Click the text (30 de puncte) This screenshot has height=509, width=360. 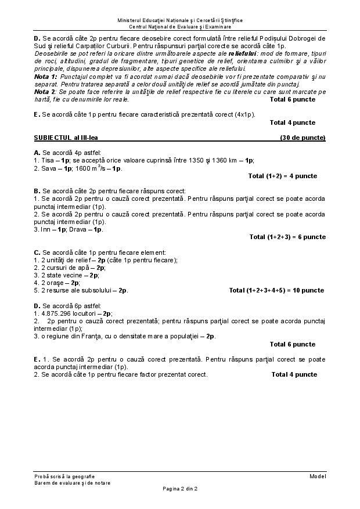click(x=303, y=138)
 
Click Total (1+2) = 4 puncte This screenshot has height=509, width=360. click(x=282, y=176)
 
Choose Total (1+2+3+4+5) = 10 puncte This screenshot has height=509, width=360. click(x=276, y=290)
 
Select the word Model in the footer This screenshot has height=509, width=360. click(x=317, y=476)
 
